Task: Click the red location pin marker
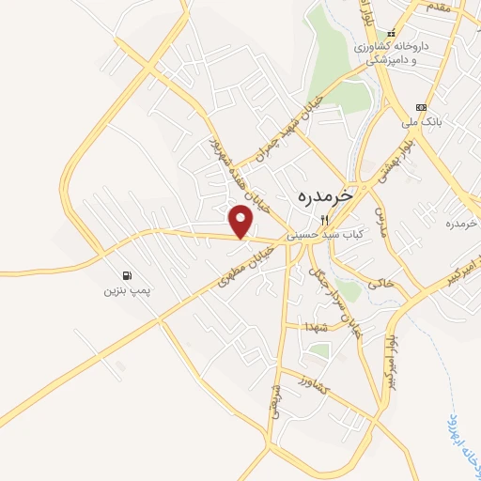242,221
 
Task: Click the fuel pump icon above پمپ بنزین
128,276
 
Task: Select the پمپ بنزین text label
128,291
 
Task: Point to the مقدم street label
438,8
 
